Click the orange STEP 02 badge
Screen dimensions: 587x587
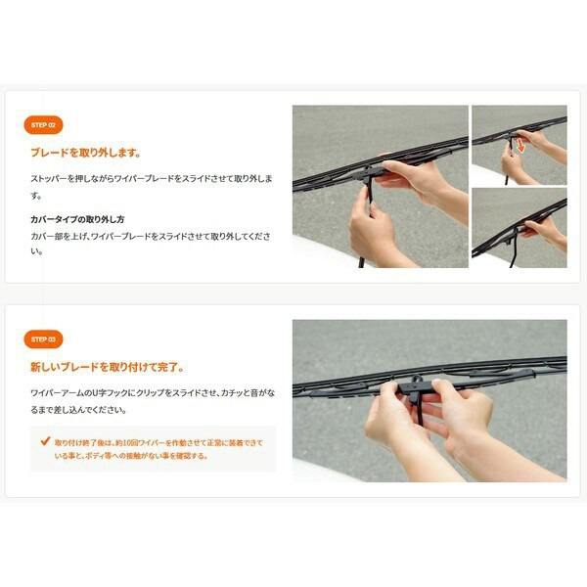(43, 125)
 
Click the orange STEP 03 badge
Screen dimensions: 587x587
(43, 339)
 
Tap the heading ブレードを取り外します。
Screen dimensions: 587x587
(86, 153)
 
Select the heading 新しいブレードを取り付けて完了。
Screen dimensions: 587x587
(108, 367)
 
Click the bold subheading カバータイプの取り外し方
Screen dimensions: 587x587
(77, 219)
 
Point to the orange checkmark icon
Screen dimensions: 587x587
(45, 441)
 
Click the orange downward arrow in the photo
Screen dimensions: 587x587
(520, 147)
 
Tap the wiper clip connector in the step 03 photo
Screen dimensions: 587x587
(414, 389)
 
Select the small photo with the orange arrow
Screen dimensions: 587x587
(519, 145)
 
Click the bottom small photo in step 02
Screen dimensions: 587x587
(519, 228)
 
